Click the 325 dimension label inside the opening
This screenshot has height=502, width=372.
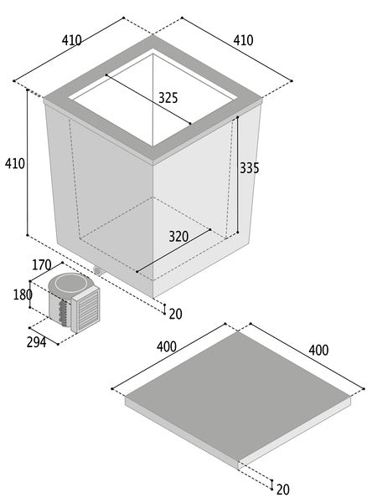coord(168,98)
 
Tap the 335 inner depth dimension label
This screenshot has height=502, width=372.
coord(249,168)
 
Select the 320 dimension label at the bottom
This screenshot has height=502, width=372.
coord(178,237)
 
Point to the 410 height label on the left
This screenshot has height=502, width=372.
coord(15,164)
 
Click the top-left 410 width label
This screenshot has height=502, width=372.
coord(71,40)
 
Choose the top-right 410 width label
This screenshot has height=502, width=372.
coord(243,40)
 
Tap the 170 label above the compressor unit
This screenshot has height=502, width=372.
coord(42,264)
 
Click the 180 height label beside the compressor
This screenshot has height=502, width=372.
coord(23,295)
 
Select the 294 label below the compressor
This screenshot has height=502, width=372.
coord(36,342)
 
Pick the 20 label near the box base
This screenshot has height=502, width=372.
coord(175,314)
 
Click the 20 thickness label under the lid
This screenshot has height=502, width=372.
coord(282,489)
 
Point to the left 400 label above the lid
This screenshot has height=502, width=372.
coord(167,346)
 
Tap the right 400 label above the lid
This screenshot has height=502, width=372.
coord(318,351)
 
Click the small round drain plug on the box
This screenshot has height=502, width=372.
coord(97,270)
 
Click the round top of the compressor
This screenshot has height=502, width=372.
coord(71,283)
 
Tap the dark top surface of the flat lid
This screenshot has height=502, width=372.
coord(237,397)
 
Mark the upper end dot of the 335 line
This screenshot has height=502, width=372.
coord(238,117)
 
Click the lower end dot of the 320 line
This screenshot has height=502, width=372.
coord(137,271)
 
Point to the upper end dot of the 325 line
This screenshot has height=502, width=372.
coord(106,75)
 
